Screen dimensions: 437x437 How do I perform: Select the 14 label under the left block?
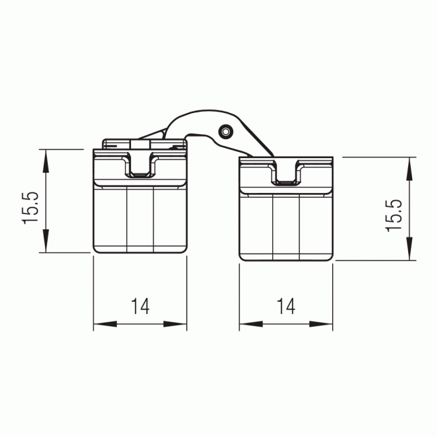point(140,307)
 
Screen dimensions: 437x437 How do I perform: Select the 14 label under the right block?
point(286,307)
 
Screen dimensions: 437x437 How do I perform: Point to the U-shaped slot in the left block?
point(141,166)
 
